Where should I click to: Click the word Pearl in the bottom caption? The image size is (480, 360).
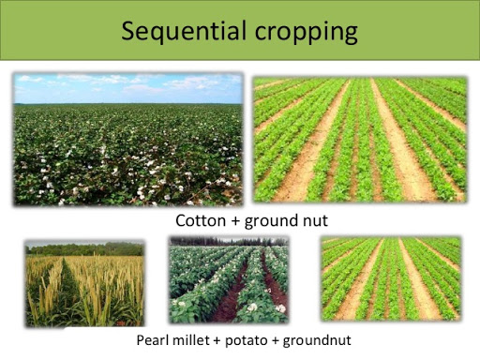[154, 338]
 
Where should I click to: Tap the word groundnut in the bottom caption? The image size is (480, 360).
[314, 338]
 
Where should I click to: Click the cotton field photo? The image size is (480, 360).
[127, 141]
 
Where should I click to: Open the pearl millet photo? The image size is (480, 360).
[83, 281]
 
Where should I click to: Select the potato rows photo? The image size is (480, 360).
[228, 280]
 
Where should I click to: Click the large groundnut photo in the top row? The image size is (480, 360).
[360, 141]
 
